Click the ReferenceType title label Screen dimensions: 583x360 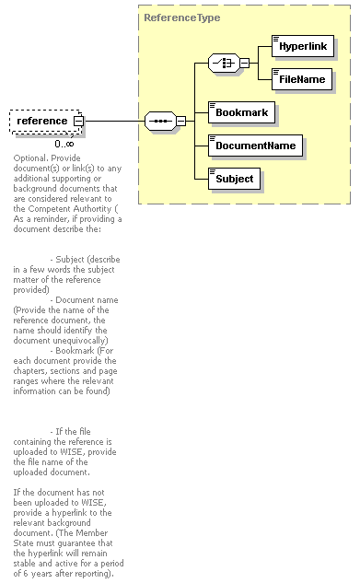(181, 17)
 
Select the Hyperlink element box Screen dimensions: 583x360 (303, 45)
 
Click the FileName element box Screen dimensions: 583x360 (301, 80)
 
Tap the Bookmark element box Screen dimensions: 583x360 (241, 112)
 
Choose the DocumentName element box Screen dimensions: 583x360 (255, 146)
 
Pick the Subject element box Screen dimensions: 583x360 (235, 179)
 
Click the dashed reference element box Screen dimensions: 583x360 (42, 121)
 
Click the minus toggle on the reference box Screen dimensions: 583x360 (79, 121)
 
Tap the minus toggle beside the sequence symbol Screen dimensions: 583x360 (180, 121)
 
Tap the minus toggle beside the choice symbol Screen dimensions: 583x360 (244, 63)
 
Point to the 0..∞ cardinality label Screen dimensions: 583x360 (64, 144)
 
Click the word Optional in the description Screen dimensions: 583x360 (32, 157)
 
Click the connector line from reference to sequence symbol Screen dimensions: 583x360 (115, 121)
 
